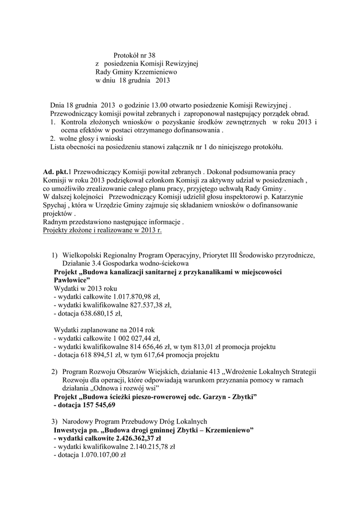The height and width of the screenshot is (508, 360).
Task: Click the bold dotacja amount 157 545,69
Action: coord(97,405)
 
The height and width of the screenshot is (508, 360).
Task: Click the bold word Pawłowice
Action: coord(71,280)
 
